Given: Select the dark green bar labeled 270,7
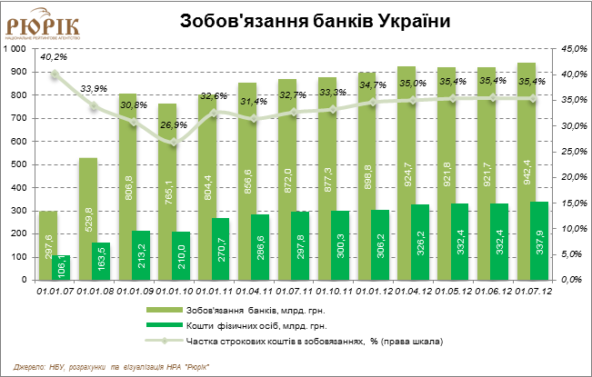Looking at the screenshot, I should pos(220,249).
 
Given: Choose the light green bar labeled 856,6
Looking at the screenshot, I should pos(247,181).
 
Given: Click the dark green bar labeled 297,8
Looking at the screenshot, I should pos(300,246).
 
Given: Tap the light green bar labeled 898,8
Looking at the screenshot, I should pos(366,176).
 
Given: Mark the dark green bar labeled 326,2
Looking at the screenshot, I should pos(420,243).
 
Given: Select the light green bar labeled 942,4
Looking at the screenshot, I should pos(526,172).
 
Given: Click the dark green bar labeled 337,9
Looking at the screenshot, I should pos(539,241).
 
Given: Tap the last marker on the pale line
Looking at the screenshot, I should pos(533,98).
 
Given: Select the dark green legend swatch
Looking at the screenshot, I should pos(165,324).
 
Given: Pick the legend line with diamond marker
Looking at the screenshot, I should pos(165,342).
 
